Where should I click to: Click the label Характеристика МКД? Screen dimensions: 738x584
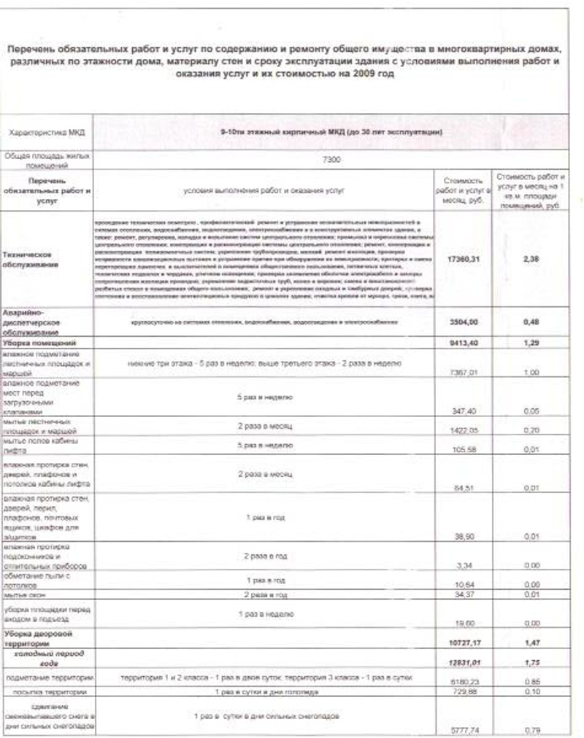point(45,133)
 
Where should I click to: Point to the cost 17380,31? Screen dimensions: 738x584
point(458,258)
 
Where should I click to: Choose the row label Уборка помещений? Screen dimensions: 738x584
point(39,341)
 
